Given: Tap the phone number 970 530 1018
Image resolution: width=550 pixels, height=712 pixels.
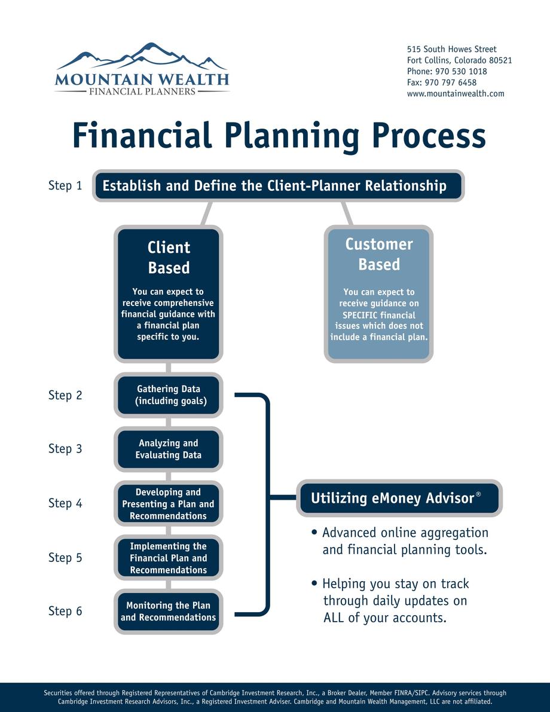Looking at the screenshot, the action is (x=461, y=71).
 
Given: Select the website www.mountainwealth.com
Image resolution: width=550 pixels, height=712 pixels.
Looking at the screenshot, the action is (x=456, y=93).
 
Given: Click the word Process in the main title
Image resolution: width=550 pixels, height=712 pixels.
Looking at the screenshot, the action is (x=429, y=135).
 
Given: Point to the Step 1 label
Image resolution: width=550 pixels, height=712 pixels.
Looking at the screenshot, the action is (x=65, y=185).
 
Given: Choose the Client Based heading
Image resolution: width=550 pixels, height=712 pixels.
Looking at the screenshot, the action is (x=169, y=258).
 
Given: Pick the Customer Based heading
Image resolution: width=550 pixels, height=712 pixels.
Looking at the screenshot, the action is (x=379, y=254).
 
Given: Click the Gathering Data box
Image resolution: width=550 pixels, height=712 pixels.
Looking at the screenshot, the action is (x=169, y=395).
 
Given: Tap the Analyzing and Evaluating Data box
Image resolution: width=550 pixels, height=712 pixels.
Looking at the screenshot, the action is (x=169, y=448).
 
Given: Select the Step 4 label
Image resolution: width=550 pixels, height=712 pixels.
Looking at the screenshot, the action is (x=65, y=503).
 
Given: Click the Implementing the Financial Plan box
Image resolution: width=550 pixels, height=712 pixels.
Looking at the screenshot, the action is (x=169, y=558).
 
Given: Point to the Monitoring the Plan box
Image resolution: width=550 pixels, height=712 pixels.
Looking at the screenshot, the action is (x=169, y=611).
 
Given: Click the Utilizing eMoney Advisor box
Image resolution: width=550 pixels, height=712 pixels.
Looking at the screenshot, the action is (x=399, y=498).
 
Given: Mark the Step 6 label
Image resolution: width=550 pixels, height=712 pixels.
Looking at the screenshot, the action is (x=65, y=611).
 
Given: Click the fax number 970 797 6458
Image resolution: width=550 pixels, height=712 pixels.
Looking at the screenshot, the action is (x=451, y=82).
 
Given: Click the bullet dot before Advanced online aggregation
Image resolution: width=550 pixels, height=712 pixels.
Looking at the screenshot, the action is (x=314, y=532).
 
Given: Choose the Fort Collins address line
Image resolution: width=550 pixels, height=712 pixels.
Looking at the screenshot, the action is (x=459, y=60).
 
